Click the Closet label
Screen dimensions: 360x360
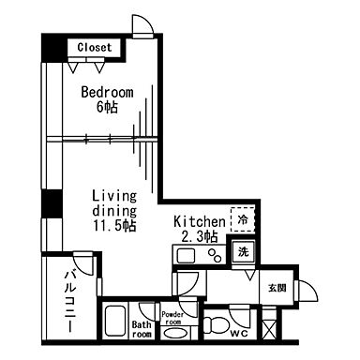click(94, 46)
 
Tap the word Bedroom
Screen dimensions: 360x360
click(106, 92)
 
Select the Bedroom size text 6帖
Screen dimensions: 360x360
click(106, 107)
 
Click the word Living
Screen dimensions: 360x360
click(114, 196)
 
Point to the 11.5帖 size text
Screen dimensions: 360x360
click(114, 226)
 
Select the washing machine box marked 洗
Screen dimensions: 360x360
click(242, 250)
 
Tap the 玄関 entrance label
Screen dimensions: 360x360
click(277, 287)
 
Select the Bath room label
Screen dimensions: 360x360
click(142, 329)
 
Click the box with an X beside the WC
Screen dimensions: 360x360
click(269, 329)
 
